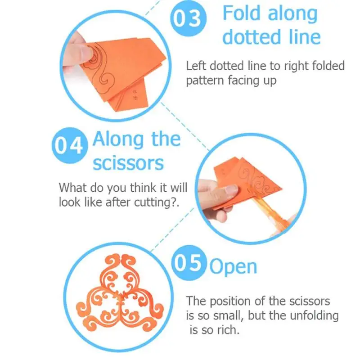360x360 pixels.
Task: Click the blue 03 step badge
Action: click(188, 18)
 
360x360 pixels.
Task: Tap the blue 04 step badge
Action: click(70, 145)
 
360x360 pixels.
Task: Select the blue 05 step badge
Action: click(189, 263)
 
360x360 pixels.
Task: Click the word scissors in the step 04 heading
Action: click(128, 163)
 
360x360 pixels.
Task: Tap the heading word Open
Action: click(233, 267)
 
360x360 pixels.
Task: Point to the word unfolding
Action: click(314, 316)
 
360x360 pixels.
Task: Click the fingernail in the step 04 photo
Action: click(232, 189)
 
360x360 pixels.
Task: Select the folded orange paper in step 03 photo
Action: click(121, 71)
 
